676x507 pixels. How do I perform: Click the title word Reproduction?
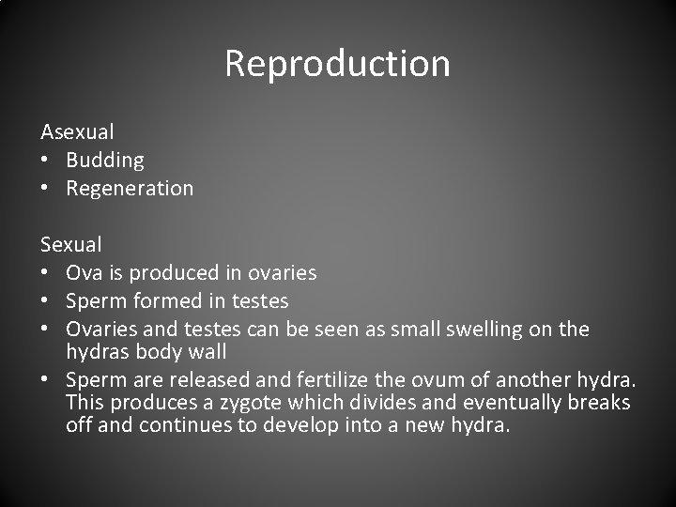[338, 64]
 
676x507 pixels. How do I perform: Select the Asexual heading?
[77, 131]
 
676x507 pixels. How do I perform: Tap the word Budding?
[105, 160]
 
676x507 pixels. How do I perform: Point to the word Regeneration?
[130, 188]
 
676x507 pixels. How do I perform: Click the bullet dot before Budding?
[45, 160]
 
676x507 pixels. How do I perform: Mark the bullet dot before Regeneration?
[45, 188]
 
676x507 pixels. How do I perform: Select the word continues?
[176, 424]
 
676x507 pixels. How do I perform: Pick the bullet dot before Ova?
[45, 272]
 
